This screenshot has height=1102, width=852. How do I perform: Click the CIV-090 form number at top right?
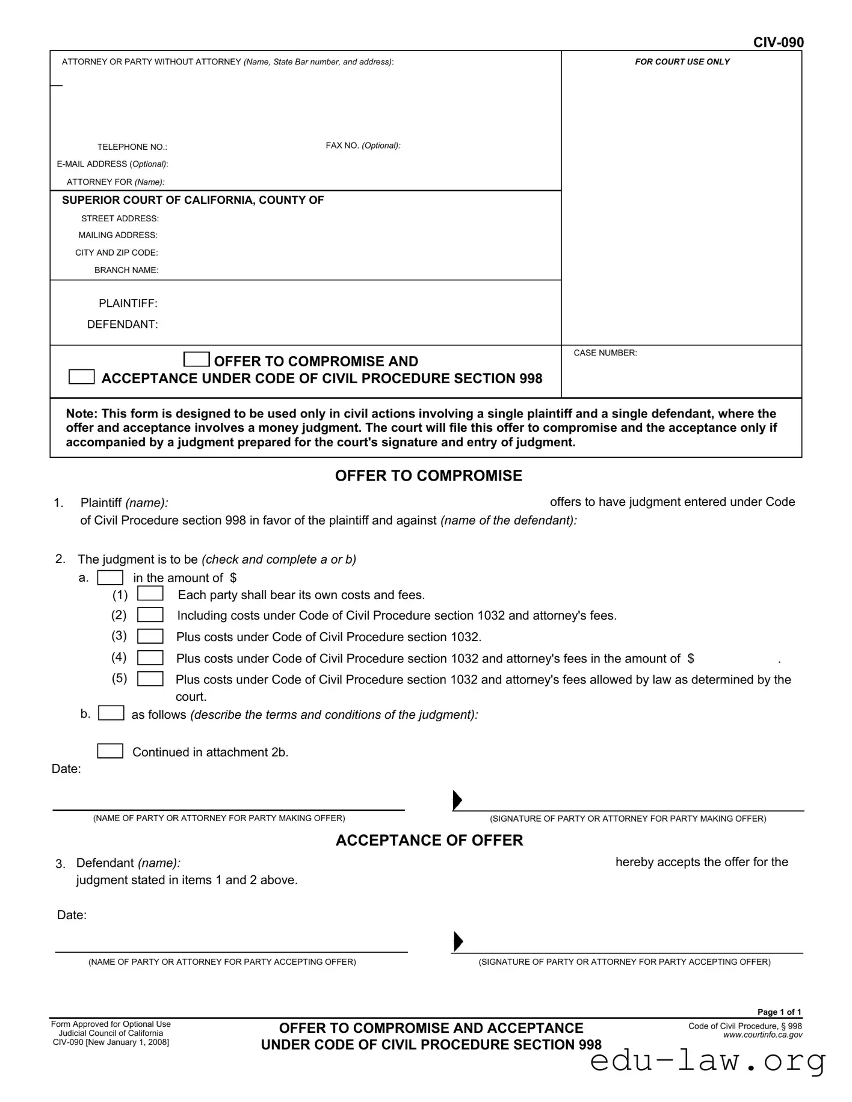[778, 42]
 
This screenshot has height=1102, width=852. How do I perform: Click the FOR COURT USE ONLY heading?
[682, 62]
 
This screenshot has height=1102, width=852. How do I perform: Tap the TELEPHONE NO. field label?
[132, 147]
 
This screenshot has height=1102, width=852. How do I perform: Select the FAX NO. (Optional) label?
[363, 146]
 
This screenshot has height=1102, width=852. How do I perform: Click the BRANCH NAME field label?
[126, 270]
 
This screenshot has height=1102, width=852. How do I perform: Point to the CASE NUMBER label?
[605, 353]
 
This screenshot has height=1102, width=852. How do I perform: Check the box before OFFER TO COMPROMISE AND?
[196, 360]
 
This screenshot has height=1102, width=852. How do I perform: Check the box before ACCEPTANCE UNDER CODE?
[82, 377]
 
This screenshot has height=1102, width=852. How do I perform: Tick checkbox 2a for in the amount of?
[110, 578]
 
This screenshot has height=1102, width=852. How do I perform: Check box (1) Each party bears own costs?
[150, 594]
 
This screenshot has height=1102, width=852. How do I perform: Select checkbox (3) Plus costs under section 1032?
[150, 636]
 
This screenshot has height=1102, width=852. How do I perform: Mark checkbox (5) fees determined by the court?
[150, 679]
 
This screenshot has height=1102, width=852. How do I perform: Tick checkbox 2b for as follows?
[111, 713]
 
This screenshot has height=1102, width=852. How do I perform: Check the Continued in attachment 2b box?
[110, 751]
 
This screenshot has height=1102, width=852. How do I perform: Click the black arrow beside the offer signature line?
[457, 800]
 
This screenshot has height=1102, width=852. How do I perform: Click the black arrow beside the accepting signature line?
[458, 941]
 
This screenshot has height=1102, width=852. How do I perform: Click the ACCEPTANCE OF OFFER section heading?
[429, 840]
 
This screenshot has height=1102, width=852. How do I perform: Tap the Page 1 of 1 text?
[779, 1012]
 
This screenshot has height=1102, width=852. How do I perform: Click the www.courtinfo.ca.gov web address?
[762, 1035]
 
